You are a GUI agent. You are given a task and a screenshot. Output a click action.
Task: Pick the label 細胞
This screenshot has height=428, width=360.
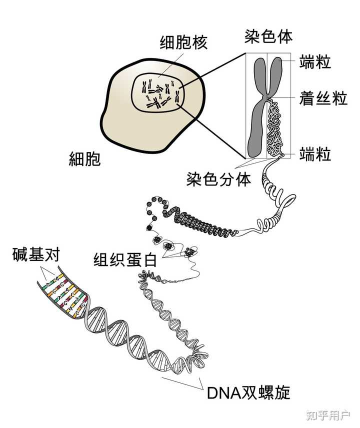click(84, 159)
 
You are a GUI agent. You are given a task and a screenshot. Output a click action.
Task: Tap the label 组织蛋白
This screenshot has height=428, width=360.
click(125, 260)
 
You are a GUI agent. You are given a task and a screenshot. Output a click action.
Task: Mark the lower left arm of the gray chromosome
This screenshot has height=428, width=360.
click(256, 130)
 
